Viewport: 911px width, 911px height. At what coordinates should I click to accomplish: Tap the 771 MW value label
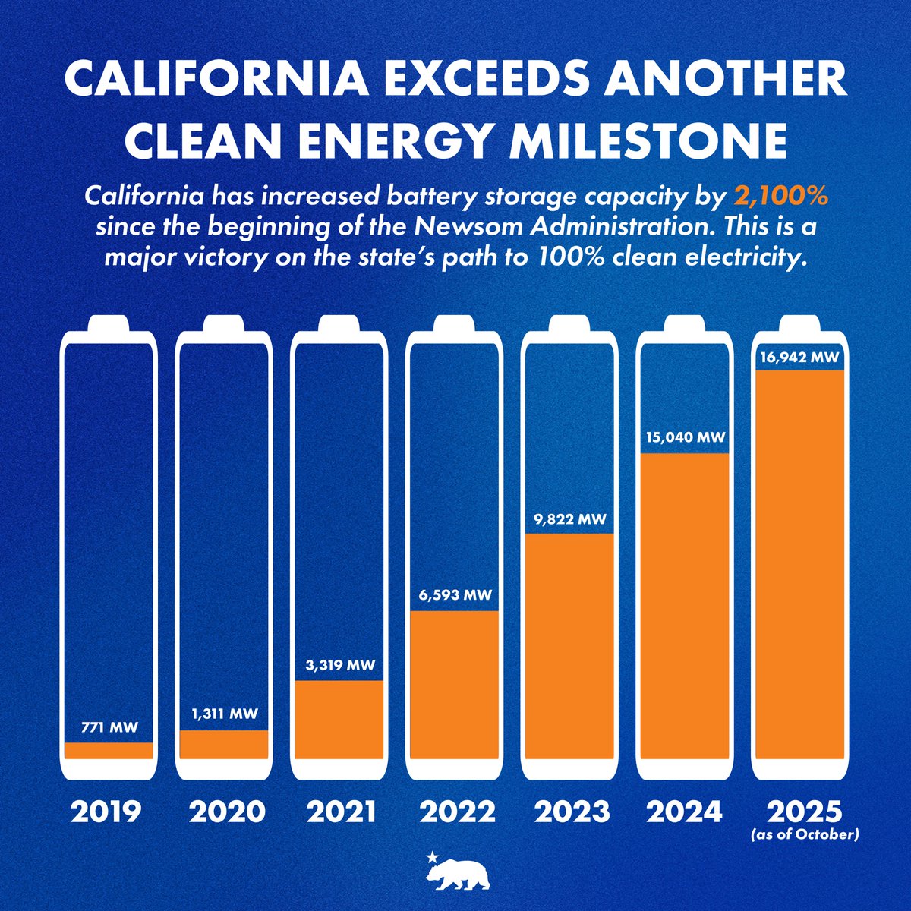109,728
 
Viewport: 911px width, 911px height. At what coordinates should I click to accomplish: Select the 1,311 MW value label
225,714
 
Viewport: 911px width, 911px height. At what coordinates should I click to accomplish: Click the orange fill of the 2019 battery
109,750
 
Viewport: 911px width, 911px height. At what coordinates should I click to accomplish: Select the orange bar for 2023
569,645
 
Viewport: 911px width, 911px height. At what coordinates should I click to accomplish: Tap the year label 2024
685,812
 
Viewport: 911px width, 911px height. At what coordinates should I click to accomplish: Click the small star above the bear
432,856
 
